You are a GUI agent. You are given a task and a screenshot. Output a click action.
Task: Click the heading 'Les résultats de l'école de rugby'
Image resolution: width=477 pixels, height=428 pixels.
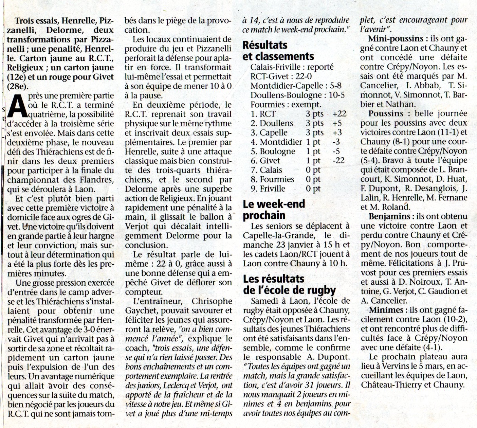click(289, 285)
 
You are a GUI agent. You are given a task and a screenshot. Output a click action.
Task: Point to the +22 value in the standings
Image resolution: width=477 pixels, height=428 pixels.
click(340, 114)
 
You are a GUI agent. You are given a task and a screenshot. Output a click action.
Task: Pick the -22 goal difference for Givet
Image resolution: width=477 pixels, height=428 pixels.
click(338, 161)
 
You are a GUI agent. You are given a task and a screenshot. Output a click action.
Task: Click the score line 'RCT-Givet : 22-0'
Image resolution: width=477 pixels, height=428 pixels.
click(281, 77)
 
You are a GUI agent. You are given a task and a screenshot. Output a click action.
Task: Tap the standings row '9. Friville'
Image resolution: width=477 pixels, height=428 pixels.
click(268, 189)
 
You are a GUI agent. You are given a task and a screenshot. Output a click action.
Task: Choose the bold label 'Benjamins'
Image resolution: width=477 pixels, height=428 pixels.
click(389, 216)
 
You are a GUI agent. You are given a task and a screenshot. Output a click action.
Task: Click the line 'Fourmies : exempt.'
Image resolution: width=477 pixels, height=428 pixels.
click(286, 105)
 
